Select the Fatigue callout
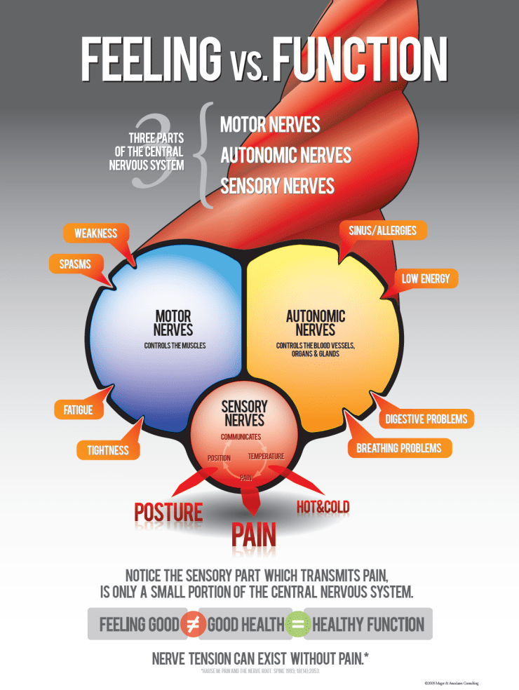[74, 410]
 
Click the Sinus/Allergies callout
[383, 230]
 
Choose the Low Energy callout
[426, 278]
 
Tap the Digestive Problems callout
[426, 419]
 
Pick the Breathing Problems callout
[399, 447]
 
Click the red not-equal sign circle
[193, 624]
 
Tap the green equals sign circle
[297, 624]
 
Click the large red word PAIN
[254, 534]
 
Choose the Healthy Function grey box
[369, 624]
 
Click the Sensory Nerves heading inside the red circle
[244, 414]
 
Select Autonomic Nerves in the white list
[285, 155]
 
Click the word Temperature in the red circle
[267, 456]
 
